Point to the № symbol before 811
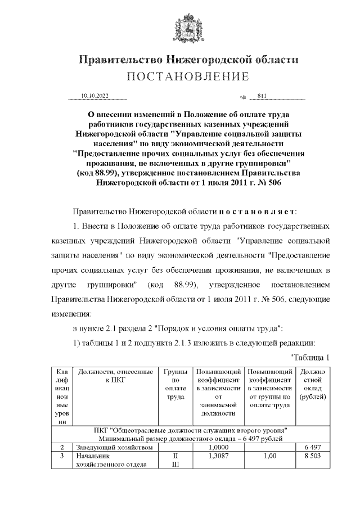pyautogui.click(x=243, y=97)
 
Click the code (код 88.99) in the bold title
pyautogui.click(x=100, y=173)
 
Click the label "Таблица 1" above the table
pyautogui.click(x=309, y=358)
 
